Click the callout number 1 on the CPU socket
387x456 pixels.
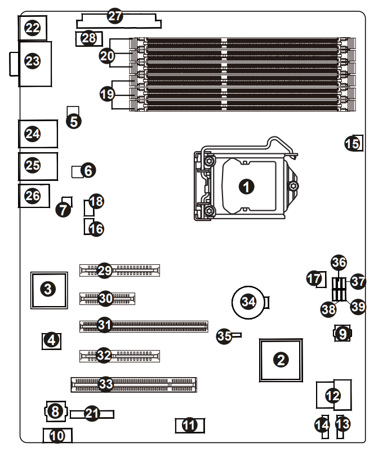[246, 186]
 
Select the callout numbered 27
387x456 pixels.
[115, 16]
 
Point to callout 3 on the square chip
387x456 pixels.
[48, 290]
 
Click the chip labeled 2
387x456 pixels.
[280, 358]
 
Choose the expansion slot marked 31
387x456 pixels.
[105, 325]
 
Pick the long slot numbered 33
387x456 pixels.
[106, 384]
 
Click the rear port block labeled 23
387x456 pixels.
[33, 61]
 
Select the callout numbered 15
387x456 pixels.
[352, 143]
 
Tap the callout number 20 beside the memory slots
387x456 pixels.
[107, 55]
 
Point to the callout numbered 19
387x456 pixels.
[107, 94]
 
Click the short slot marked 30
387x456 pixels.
[106, 298]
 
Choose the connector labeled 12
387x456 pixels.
[333, 395]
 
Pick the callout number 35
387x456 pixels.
[224, 337]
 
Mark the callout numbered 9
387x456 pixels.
[342, 334]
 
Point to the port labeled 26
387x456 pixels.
[33, 196]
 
